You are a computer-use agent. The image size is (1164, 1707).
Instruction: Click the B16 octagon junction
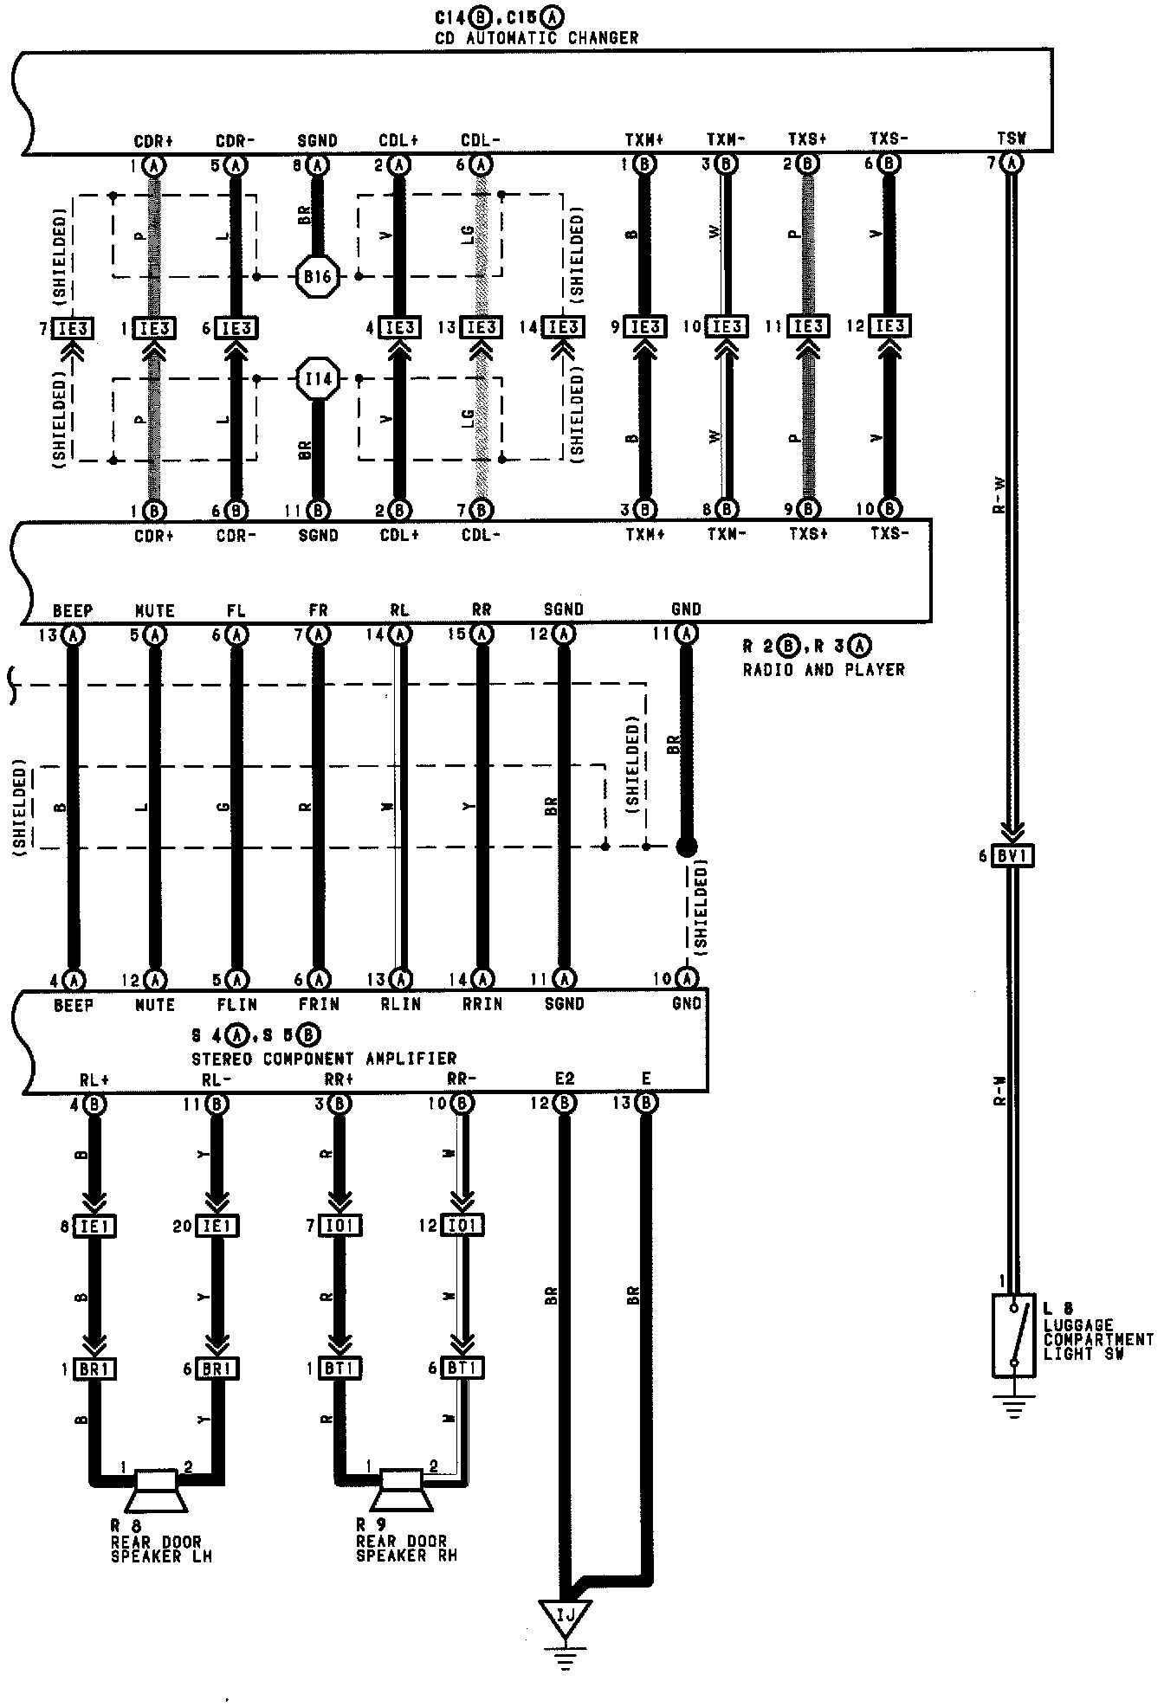(x=318, y=277)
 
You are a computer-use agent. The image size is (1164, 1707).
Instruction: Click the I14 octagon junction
(x=318, y=378)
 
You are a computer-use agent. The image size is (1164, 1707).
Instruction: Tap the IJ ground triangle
(x=566, y=1615)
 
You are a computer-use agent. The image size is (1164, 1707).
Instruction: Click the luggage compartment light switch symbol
(x=1013, y=1335)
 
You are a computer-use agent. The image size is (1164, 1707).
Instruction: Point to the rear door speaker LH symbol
(x=152, y=1495)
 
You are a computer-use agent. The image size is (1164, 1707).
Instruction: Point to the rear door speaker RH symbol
(x=399, y=1495)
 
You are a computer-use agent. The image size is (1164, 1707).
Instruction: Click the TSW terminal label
(x=1011, y=138)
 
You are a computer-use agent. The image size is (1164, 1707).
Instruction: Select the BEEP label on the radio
(x=73, y=611)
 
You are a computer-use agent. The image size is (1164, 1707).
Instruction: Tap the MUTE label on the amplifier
(x=155, y=1005)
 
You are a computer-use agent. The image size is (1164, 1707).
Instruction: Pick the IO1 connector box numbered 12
(x=464, y=1226)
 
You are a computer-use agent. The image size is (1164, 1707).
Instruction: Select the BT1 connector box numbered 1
(x=341, y=1369)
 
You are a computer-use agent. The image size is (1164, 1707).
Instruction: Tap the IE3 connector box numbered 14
(x=563, y=328)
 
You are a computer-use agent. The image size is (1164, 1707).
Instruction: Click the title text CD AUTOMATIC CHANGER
(x=536, y=38)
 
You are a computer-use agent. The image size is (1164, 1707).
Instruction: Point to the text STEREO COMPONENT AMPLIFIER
(x=323, y=1059)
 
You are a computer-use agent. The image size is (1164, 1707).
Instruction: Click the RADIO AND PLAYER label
(x=824, y=669)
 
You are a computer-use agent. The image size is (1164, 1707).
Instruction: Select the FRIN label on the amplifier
(x=319, y=1005)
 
